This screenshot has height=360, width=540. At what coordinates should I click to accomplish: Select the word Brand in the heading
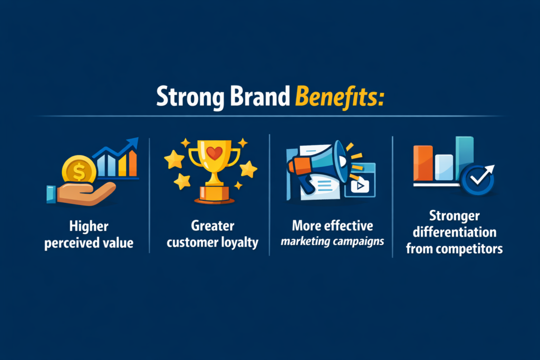pos(260,96)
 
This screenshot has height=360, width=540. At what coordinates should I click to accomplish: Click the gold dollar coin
pos(79,171)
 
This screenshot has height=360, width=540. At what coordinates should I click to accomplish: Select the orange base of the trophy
pos(214,194)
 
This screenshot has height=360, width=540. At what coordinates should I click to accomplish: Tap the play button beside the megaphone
pos(360,186)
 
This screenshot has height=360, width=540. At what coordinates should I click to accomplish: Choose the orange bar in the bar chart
pos(423,163)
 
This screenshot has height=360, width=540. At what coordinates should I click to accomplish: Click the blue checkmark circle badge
pos(477,179)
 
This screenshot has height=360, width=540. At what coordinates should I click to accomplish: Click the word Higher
pos(89,227)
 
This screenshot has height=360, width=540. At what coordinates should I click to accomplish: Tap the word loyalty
pos(239,242)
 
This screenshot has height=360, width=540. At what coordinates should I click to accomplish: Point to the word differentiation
pos(455,232)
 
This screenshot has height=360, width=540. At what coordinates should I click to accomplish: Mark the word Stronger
pos(454,216)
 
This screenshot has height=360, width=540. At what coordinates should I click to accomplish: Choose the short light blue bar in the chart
pos(444,167)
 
